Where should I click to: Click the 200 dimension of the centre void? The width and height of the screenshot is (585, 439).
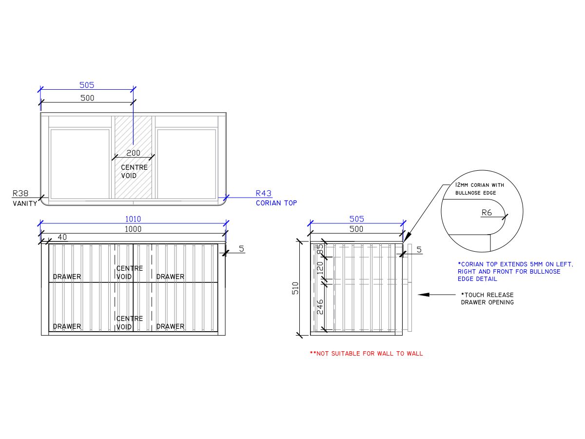133,153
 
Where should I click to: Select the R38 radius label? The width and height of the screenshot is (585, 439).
21,193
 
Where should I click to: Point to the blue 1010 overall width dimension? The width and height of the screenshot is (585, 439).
133,219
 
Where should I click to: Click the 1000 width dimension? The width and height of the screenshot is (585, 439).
133,229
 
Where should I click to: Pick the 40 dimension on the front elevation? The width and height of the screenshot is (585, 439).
62,237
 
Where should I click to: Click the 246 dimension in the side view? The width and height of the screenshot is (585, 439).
320,307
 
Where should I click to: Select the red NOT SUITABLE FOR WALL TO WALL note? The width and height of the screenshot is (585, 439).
367,354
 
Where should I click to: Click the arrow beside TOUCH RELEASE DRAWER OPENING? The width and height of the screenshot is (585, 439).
430,295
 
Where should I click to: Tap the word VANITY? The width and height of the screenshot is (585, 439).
25,203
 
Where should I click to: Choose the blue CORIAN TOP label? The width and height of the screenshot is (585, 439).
276,203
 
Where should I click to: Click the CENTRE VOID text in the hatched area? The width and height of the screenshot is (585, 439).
134,171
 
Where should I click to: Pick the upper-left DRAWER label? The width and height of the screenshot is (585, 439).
67,277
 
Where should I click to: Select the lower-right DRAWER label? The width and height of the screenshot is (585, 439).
170,326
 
